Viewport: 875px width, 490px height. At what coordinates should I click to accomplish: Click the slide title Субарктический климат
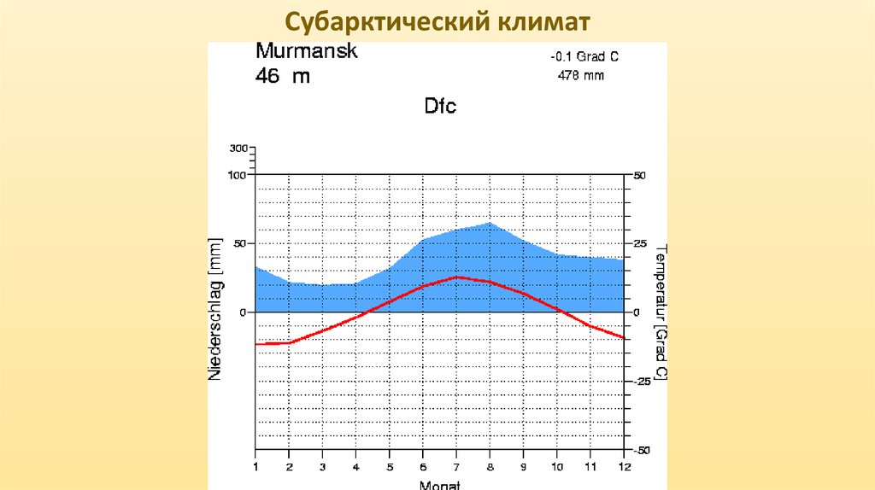437,20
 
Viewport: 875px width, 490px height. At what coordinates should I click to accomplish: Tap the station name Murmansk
307,51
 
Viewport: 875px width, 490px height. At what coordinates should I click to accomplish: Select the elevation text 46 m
283,76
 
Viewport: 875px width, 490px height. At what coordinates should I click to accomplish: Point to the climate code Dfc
440,107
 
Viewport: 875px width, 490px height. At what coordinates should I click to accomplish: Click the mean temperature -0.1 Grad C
584,57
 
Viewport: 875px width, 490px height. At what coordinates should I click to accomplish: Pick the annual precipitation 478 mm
581,75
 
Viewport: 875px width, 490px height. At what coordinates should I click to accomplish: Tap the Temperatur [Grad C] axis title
661,312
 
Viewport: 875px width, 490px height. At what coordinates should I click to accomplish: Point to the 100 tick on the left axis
237,175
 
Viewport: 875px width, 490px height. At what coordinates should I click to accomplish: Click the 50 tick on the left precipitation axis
240,244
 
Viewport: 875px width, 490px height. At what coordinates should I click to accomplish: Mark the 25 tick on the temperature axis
640,244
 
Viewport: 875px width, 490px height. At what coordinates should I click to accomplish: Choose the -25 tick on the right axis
642,381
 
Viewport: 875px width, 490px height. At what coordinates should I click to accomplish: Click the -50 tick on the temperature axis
642,450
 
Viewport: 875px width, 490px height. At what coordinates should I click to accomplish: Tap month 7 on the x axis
457,466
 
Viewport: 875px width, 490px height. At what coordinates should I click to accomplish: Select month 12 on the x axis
625,466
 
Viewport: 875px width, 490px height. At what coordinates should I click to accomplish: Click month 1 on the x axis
255,466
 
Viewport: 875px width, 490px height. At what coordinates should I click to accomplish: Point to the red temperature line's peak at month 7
457,277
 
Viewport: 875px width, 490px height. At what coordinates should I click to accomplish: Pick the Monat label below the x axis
440,484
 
